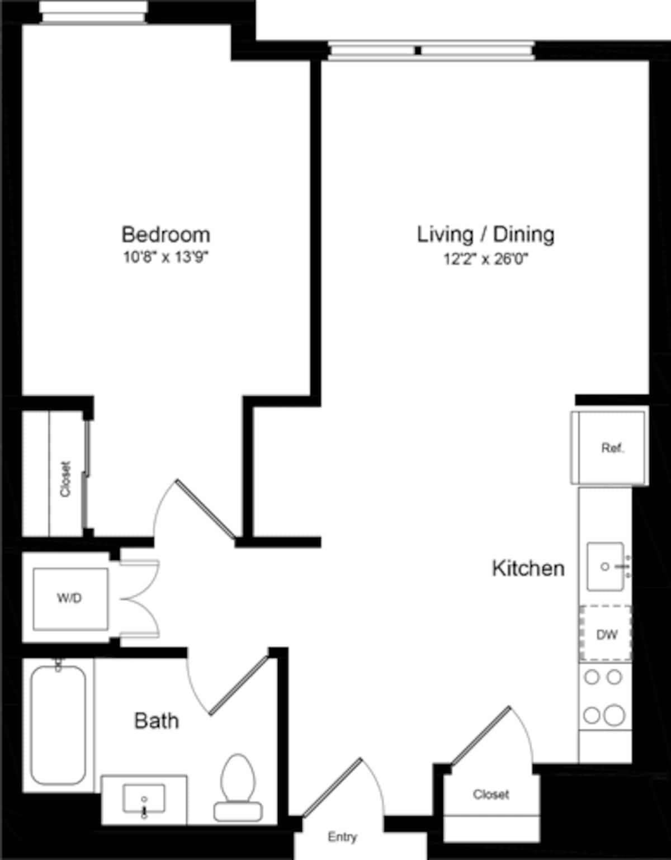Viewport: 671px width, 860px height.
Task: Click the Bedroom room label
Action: click(166, 234)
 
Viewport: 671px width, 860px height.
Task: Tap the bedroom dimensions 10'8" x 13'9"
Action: click(166, 258)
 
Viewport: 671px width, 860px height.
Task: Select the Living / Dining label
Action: click(485, 234)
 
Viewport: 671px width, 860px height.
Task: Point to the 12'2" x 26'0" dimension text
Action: click(485, 259)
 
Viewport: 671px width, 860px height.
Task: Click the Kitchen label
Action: click(528, 568)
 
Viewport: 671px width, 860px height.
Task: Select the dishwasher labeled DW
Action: click(606, 634)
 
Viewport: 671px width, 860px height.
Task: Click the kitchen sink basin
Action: click(605, 566)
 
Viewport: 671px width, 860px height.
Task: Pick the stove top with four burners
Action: click(603, 696)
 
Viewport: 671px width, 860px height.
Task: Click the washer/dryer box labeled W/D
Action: click(69, 598)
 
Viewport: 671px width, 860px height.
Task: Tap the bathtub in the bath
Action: click(58, 725)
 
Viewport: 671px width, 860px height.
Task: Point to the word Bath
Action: click(157, 721)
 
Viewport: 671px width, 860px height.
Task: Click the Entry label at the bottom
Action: click(342, 837)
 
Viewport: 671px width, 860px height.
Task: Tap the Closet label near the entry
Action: click(491, 794)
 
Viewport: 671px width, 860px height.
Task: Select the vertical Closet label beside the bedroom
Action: click(65, 479)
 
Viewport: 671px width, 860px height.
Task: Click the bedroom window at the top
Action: click(94, 12)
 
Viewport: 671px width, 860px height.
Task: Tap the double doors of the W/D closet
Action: click(140, 598)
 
